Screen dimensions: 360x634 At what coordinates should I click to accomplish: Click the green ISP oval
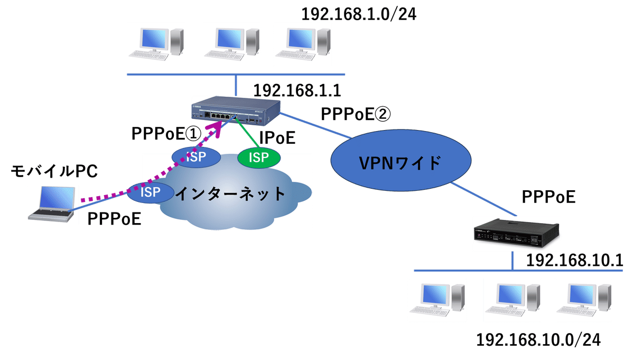(x=258, y=156)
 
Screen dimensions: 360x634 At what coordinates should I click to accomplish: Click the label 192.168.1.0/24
(x=359, y=14)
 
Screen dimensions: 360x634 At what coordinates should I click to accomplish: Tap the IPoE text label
(x=276, y=138)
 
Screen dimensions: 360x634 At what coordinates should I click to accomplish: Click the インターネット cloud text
(x=230, y=194)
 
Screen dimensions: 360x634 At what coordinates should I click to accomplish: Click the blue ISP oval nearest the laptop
(x=150, y=192)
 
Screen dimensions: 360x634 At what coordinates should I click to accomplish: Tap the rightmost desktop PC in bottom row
(x=583, y=301)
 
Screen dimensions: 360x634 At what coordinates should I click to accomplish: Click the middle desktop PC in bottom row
(x=511, y=301)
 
